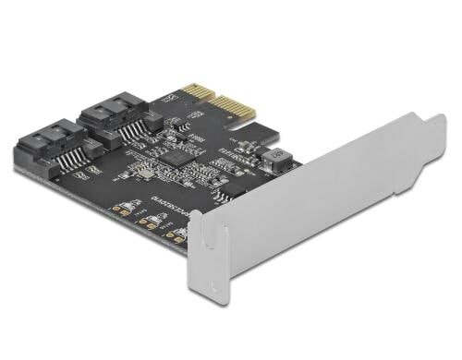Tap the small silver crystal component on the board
[139, 175]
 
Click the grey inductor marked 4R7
[274, 162]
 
